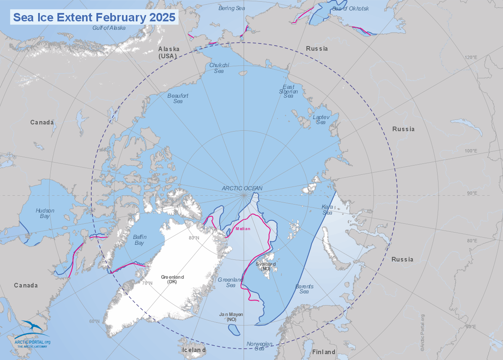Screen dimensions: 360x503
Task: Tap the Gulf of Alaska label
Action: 109,28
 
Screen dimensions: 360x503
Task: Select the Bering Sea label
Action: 232,8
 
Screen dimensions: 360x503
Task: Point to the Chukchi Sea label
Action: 219,68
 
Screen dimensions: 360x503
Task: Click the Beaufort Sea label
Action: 178,98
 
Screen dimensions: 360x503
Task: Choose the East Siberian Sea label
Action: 290,91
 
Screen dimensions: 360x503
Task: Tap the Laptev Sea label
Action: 321,119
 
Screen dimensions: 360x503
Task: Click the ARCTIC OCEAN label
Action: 242,188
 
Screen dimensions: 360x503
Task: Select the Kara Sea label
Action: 327,210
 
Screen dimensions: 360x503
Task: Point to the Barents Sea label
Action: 304,289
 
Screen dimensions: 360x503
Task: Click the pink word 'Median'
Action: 243,229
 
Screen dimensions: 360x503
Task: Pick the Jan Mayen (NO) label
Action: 231,317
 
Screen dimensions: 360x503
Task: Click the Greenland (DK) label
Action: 172,280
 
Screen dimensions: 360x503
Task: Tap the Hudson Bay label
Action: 43,213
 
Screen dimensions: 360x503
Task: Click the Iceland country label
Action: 194,350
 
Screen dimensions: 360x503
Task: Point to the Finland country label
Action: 324,352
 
